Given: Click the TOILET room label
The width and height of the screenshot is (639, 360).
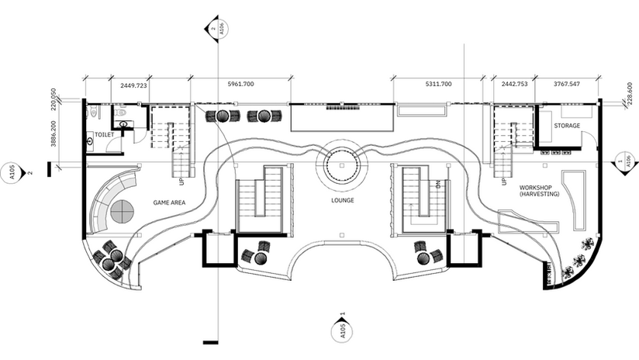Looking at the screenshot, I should click(x=104, y=136).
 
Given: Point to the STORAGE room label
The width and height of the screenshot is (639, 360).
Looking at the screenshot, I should click(x=567, y=126).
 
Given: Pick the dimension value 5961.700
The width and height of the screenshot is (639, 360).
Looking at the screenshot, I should click(x=241, y=84).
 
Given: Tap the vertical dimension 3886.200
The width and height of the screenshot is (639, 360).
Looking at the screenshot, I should click(x=54, y=133).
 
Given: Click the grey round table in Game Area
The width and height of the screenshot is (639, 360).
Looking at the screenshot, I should click(x=122, y=211).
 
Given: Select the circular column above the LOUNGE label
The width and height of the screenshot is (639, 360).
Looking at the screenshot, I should click(x=340, y=164).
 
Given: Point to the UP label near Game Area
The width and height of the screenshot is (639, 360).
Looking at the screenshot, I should click(x=181, y=182).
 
